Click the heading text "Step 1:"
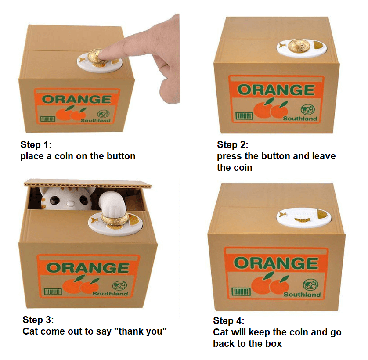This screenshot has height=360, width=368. (36, 144)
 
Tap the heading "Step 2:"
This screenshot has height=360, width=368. (233, 144)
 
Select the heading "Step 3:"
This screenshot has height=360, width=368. (38, 320)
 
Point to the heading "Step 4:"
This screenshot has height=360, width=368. (229, 320)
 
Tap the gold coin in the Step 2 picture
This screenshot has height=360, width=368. (298, 46)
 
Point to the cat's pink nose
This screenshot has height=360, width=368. (69, 203)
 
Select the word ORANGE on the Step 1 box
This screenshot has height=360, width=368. (77, 99)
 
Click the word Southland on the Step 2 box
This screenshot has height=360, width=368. (300, 119)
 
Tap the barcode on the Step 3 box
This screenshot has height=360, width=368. (53, 292)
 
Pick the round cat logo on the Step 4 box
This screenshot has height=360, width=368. (311, 284)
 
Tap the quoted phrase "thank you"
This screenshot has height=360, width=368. (141, 331)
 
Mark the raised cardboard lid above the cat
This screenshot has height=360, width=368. (88, 183)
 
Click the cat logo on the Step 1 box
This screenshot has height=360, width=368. (104, 114)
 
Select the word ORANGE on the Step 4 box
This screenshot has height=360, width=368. (276, 263)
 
